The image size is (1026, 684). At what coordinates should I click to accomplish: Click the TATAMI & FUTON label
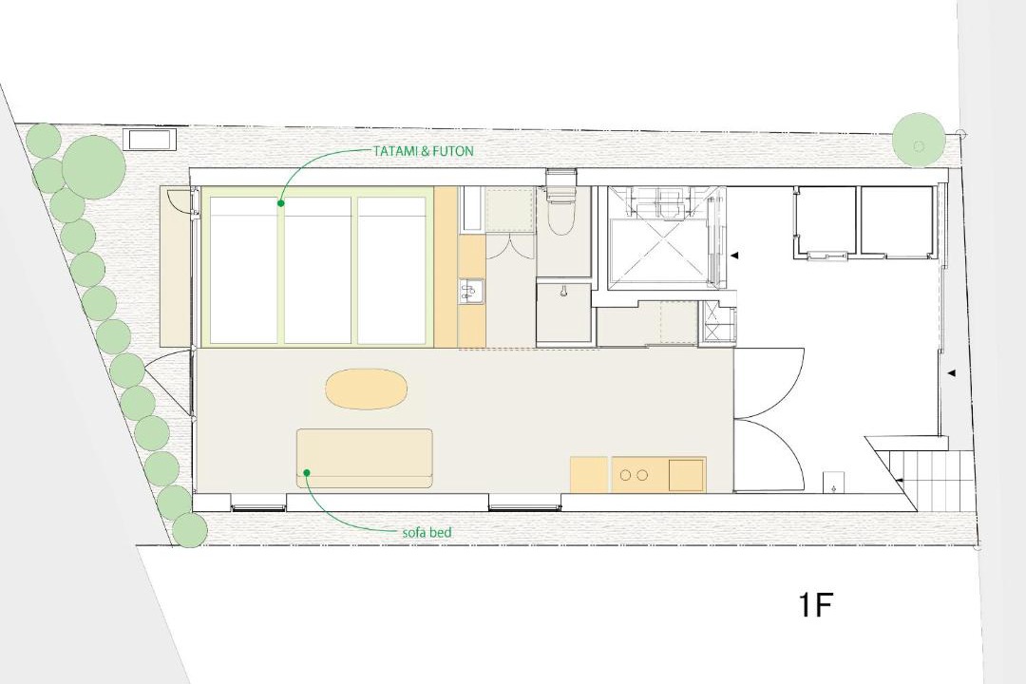(423, 150)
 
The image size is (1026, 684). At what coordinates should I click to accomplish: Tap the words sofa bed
(427, 533)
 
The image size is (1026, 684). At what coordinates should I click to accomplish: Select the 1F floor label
(815, 605)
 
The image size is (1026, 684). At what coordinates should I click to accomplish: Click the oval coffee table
(367, 390)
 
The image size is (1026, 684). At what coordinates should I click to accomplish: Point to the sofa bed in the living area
(365, 458)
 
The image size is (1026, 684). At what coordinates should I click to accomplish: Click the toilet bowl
(561, 215)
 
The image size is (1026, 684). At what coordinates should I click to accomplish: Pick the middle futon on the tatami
(318, 270)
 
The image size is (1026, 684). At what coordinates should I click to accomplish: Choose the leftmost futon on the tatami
(243, 270)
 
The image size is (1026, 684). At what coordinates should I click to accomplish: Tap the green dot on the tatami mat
(280, 203)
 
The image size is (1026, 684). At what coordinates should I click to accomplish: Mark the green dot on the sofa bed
(306, 472)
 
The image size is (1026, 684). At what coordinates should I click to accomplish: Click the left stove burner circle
(627, 475)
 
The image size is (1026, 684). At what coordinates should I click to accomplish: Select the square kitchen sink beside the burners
(685, 475)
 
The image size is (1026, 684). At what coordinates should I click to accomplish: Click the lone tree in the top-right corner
(920, 141)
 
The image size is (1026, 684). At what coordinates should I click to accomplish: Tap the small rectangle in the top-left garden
(150, 140)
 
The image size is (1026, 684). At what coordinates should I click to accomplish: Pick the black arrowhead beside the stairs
(900, 481)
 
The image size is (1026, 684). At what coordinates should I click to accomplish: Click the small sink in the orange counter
(470, 292)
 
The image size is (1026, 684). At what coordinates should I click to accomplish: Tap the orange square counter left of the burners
(590, 475)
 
